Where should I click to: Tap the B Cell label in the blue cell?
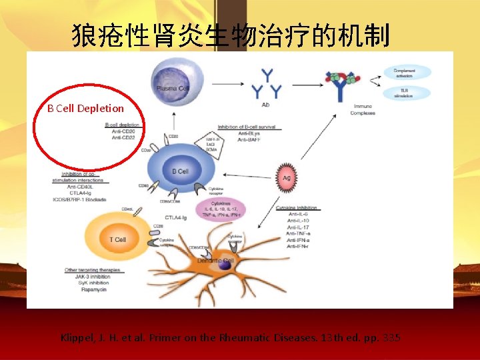tap(180, 171)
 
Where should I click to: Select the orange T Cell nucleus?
tap(117, 239)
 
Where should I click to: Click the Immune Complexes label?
tap(364, 109)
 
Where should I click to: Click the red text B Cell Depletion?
tap(85, 108)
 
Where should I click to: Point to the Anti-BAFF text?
tap(250, 139)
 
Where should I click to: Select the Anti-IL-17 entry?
tap(299, 227)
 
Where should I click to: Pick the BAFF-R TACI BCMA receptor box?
tap(200, 139)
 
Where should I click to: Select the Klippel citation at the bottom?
tap(231, 338)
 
